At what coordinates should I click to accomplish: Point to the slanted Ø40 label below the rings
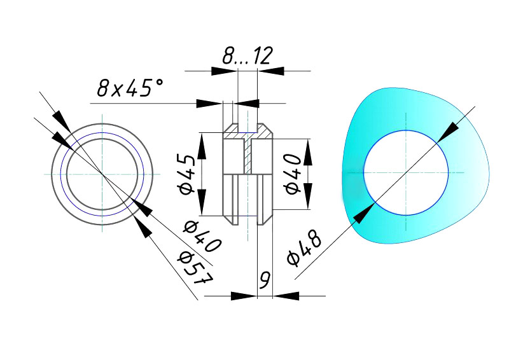coord(202,235)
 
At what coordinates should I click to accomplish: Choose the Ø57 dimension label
coord(195,267)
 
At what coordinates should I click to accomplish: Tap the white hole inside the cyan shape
coord(406,172)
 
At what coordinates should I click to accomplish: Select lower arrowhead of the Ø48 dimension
coord(363,214)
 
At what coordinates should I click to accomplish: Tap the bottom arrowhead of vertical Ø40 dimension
coord(307,200)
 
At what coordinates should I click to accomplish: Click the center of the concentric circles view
coord(102,173)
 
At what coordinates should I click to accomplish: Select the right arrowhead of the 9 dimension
coord(285,296)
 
